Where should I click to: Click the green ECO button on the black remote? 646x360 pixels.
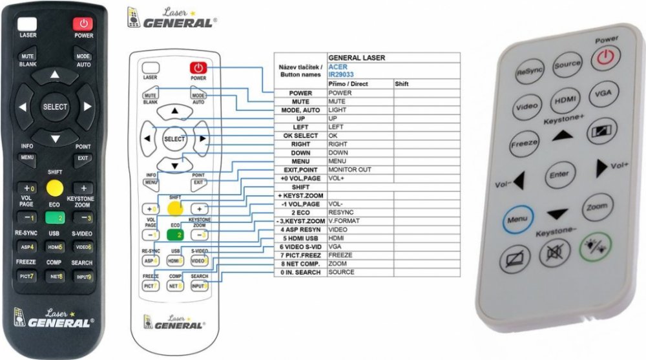[55, 217]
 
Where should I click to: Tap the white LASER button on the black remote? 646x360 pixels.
[28, 24]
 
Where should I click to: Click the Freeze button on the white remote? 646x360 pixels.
[524, 143]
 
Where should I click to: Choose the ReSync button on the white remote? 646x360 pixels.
[529, 72]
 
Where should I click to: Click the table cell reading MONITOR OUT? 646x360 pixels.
[349, 169]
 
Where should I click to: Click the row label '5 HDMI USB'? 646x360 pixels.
[300, 238]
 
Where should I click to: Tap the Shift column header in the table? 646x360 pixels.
[402, 84]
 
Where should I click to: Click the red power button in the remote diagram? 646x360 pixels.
[198, 67]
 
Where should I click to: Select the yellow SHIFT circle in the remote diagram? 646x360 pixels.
[174, 208]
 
